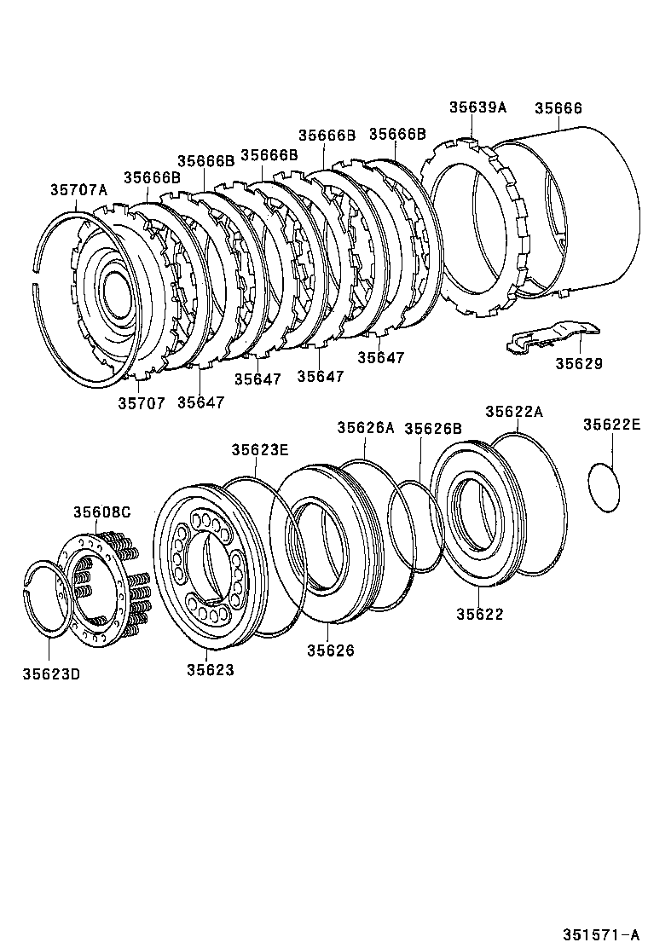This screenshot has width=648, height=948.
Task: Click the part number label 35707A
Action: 78,189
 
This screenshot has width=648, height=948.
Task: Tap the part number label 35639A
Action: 477,107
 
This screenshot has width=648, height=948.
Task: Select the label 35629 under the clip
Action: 579,363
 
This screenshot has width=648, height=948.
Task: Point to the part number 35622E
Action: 611,424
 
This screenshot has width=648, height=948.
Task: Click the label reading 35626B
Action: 433,428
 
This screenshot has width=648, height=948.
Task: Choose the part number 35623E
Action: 260,449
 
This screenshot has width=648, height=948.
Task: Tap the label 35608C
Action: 101,512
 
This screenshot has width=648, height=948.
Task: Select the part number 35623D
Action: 51,674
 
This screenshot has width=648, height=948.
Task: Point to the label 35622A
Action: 514,411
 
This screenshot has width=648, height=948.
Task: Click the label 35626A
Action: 365,428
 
